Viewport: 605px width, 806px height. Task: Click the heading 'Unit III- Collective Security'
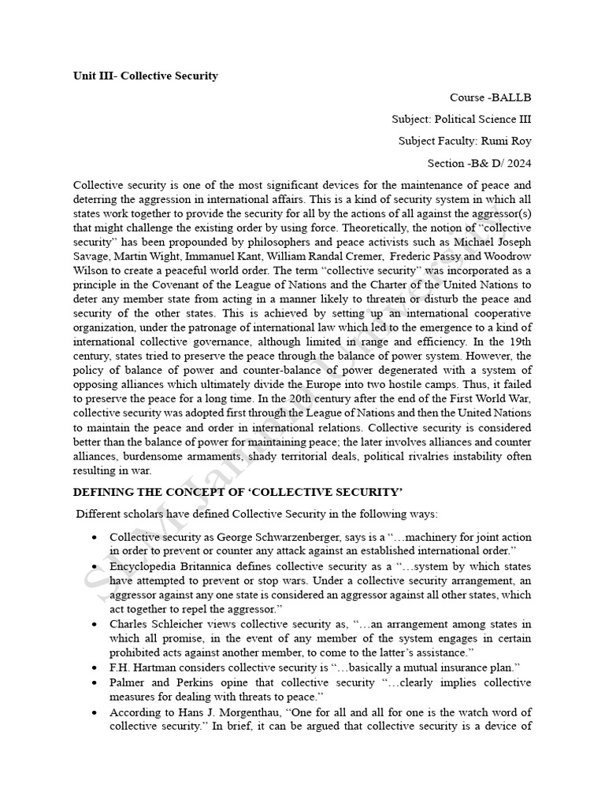145,76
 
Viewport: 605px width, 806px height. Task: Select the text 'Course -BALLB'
490,98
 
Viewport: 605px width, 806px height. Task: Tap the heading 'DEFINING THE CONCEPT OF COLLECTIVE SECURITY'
238,492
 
